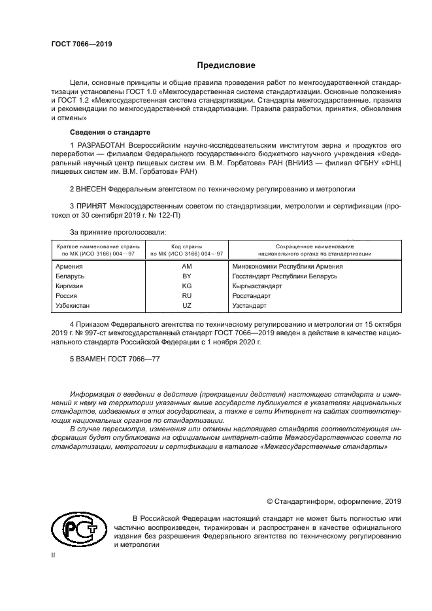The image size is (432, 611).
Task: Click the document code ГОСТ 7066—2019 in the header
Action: pos(82,43)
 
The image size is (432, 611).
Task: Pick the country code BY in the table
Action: pos(186,276)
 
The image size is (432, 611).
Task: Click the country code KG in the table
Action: pos(186,286)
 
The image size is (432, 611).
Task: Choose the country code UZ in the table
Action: pos(186,305)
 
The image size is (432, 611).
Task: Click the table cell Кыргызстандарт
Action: pos(256,286)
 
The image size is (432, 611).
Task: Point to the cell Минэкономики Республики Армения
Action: pos(288,266)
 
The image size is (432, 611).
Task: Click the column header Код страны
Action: pos(186,245)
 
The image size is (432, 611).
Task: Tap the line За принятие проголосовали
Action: pos(118,231)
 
